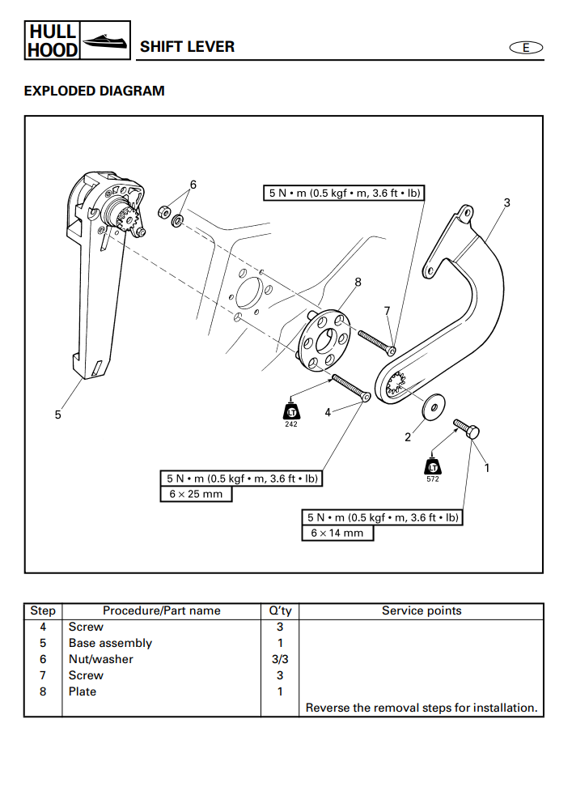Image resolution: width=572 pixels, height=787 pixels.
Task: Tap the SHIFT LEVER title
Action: point(187,46)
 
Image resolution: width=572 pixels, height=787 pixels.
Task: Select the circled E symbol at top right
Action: point(525,48)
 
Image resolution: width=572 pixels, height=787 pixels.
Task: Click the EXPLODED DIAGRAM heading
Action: point(94,91)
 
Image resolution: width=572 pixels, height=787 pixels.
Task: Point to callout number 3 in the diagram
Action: point(506,202)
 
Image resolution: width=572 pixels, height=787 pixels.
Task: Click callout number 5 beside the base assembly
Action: point(57,415)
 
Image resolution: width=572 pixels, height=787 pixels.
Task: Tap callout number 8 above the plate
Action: point(358,282)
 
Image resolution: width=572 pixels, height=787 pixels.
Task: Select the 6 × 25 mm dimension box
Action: point(195,494)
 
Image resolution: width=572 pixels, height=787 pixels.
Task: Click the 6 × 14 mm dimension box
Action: point(337,533)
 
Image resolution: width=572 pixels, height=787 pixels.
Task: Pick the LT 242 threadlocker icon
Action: point(291,411)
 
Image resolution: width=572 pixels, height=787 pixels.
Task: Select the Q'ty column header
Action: point(280,610)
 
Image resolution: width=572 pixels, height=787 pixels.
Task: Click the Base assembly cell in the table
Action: point(110,643)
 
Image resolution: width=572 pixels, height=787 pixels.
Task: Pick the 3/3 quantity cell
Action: point(280,659)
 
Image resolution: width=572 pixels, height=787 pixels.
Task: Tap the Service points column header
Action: point(421,610)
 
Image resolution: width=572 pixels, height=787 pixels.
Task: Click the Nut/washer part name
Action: point(100,659)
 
